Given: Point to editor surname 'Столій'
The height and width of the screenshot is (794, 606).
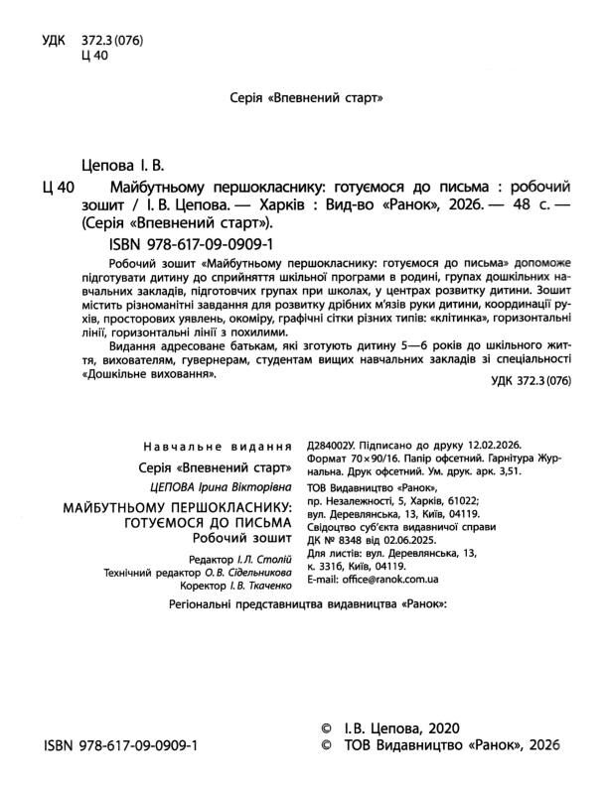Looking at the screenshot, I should tap(275, 559).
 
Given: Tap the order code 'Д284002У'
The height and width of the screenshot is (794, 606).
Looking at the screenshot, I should tap(337, 447).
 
